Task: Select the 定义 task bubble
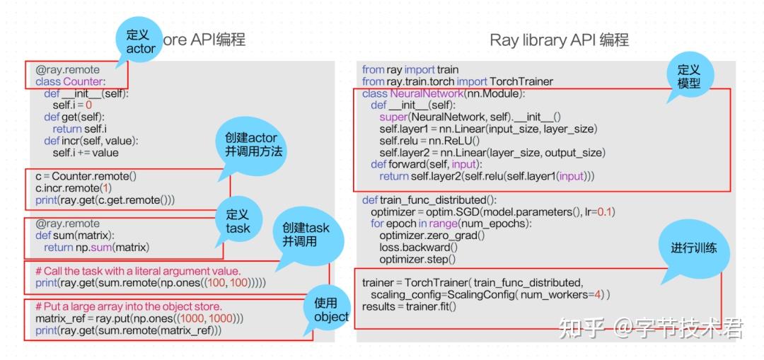pyautogui.click(x=238, y=220)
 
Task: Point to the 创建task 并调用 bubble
pyautogui.click(x=305, y=235)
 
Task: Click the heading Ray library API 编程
pyautogui.click(x=559, y=40)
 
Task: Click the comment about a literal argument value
pyautogui.click(x=138, y=271)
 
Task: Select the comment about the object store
pyautogui.click(x=129, y=306)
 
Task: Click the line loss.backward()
pyautogui.click(x=418, y=248)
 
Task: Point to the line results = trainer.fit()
pyautogui.click(x=409, y=306)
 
